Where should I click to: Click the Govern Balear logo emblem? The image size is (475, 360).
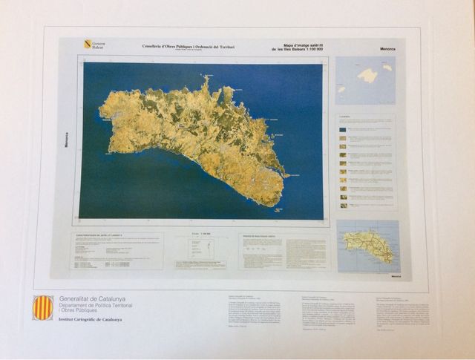(x=88, y=45)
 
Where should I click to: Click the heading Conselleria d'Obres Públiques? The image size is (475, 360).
(x=189, y=47)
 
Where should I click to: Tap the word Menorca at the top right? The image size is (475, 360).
(x=389, y=48)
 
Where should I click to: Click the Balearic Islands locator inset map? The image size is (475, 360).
(x=365, y=80)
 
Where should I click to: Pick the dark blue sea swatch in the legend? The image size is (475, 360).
(x=342, y=129)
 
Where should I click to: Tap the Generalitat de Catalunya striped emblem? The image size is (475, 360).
(x=43, y=307)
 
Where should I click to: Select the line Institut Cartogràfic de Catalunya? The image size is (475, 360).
(x=91, y=319)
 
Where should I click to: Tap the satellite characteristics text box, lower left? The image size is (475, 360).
(x=117, y=252)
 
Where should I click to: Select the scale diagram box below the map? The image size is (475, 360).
(x=201, y=252)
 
